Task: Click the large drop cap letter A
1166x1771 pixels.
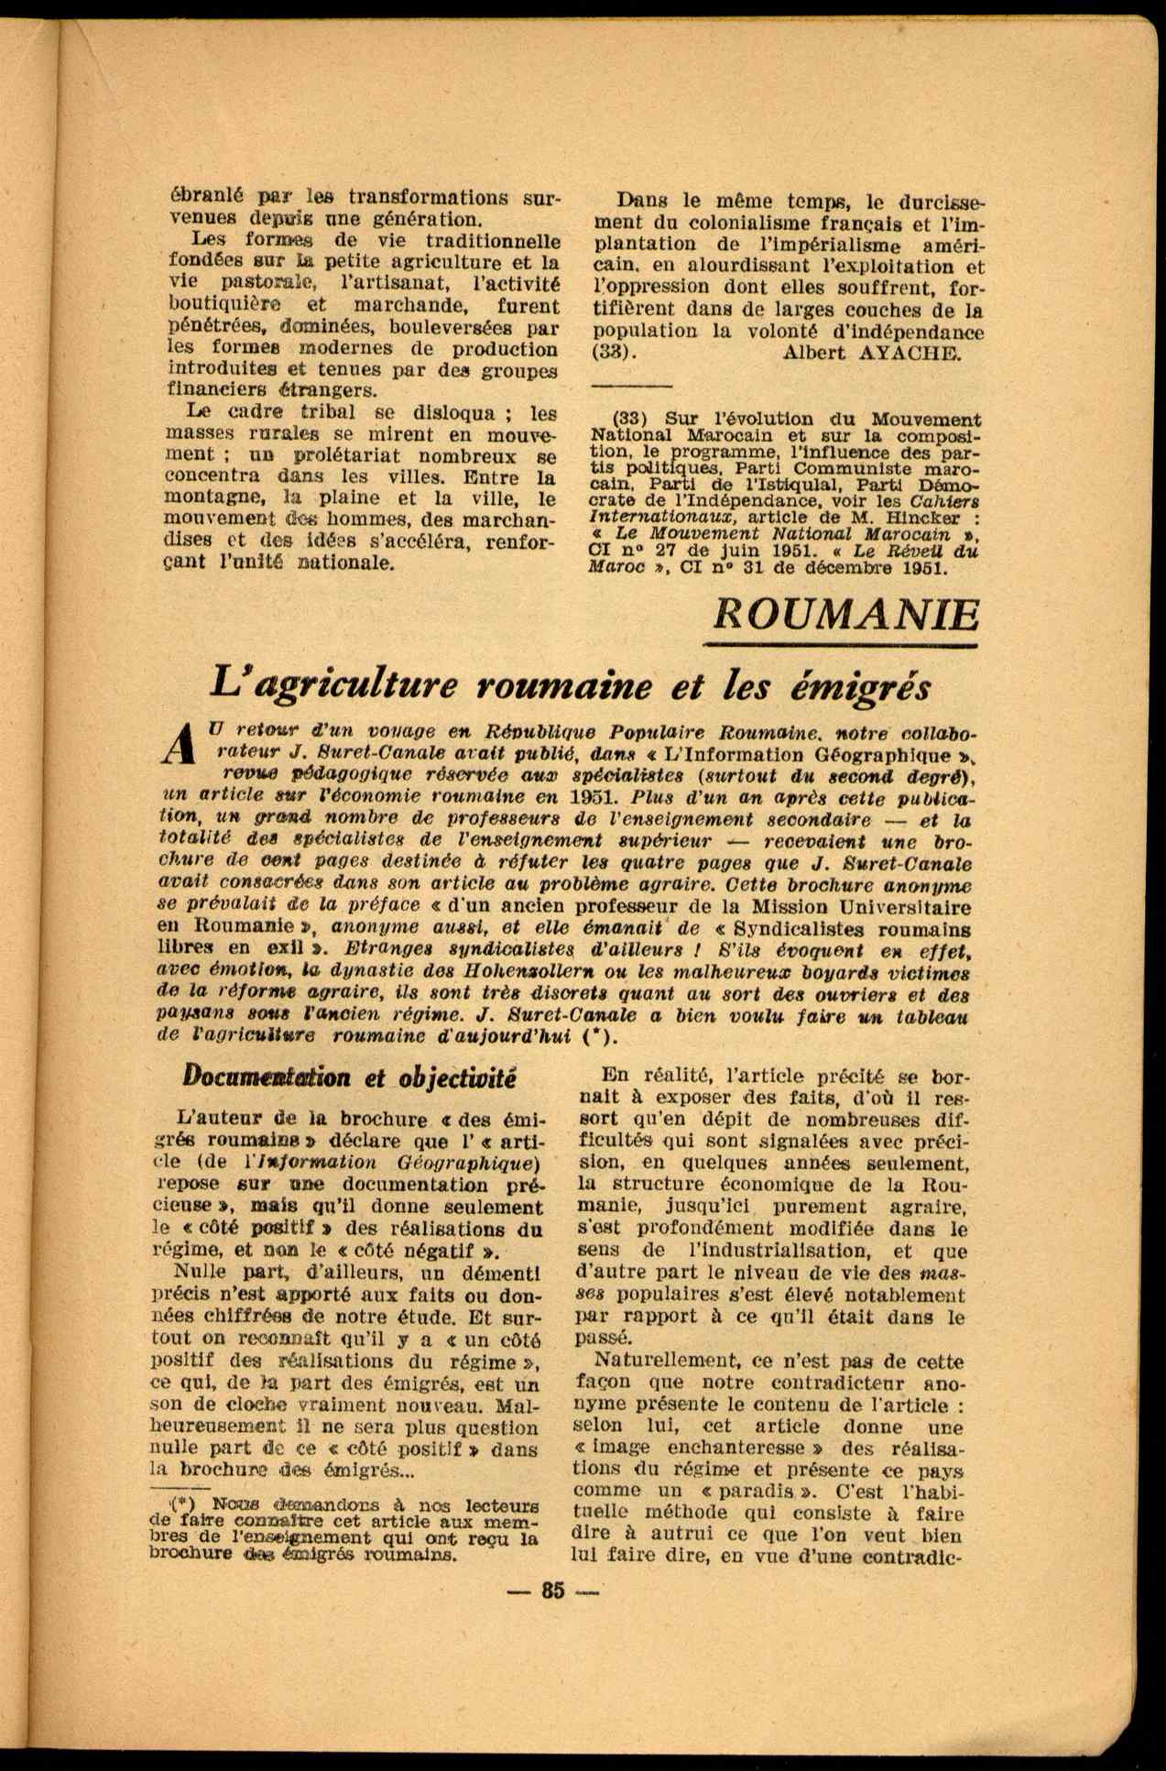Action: (x=181, y=743)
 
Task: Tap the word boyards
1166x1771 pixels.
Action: (x=829, y=973)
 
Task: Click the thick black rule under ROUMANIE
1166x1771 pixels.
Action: (x=845, y=645)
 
